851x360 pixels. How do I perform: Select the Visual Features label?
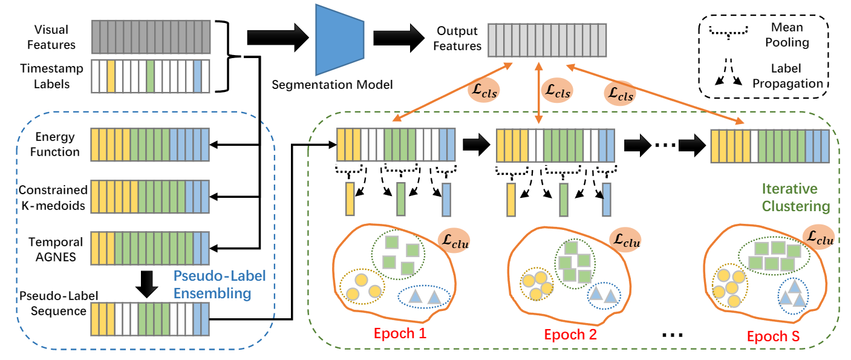tap(51, 37)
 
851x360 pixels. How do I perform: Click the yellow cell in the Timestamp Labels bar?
tap(111, 76)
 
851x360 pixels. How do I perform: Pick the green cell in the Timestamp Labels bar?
tap(150, 76)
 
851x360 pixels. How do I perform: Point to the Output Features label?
tap(457, 38)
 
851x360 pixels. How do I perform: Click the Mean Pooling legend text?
tap(786, 35)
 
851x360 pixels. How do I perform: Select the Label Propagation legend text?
tap(786, 77)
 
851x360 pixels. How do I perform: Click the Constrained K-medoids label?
tap(53, 197)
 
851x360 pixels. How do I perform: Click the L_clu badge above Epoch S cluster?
tap(818, 237)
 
